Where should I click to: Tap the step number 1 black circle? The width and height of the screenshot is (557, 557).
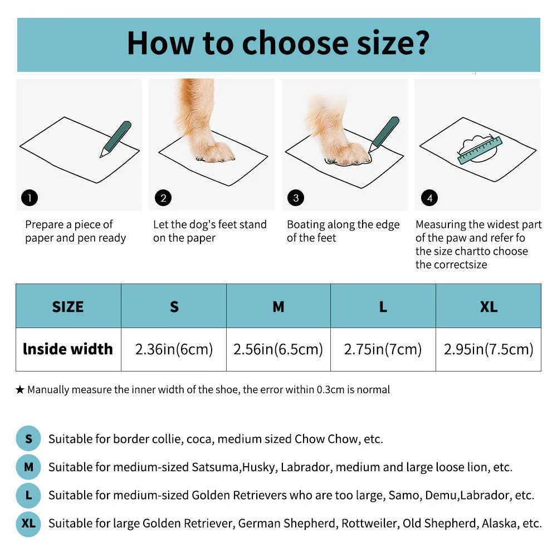(30, 198)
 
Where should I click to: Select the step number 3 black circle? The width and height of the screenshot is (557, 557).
(296, 198)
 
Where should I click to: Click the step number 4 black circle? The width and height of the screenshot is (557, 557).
(429, 198)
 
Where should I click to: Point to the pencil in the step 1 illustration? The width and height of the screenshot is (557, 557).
(116, 139)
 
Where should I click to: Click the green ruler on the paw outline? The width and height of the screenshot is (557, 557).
(480, 150)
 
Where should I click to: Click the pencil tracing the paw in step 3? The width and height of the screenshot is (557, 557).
(384, 134)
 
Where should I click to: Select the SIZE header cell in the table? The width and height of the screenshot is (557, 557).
(68, 306)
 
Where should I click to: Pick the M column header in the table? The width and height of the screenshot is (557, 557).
(278, 306)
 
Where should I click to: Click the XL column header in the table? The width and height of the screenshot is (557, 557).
(488, 306)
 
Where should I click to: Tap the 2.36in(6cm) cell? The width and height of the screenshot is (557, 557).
(174, 350)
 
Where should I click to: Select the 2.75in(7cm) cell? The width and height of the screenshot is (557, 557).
(383, 350)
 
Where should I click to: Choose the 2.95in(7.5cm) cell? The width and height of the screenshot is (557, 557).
(488, 350)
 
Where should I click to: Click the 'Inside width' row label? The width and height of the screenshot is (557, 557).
(68, 349)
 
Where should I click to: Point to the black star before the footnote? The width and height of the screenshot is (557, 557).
(20, 390)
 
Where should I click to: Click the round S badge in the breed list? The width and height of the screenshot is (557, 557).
(28, 439)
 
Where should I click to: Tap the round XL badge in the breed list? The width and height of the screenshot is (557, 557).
(28, 523)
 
